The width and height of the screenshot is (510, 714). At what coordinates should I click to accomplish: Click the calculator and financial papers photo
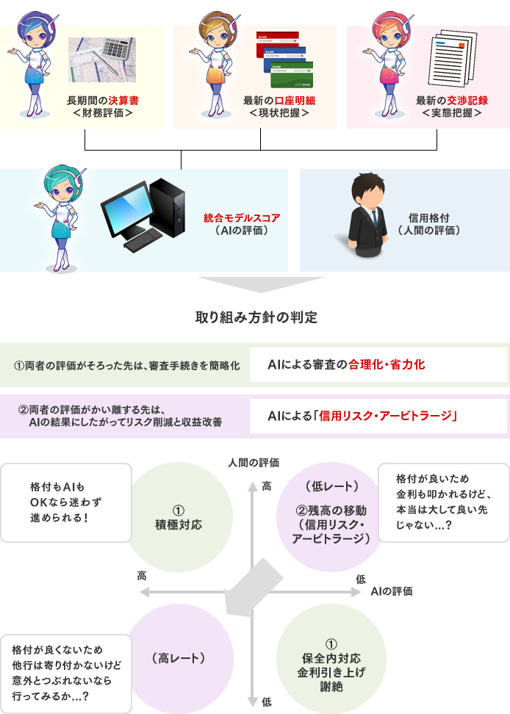click(x=102, y=59)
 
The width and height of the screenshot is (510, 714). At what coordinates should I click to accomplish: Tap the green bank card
click(x=292, y=75)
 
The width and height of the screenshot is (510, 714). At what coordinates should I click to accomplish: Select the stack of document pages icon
click(x=452, y=58)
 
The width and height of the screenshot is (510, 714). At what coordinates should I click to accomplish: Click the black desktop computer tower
click(x=167, y=208)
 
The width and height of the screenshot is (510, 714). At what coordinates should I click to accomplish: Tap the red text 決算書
click(x=123, y=101)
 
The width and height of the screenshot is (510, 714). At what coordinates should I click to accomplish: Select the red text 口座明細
click(x=295, y=101)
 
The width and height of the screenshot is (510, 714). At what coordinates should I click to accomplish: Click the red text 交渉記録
click(x=467, y=101)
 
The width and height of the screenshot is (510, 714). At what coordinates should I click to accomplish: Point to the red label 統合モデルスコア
click(x=242, y=218)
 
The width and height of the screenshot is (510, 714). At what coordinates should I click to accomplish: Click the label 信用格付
click(x=429, y=218)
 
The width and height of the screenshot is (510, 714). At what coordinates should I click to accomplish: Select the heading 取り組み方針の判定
click(x=256, y=317)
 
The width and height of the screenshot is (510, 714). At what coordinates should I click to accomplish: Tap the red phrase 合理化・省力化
click(x=387, y=364)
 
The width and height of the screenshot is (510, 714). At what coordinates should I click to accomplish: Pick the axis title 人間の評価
click(x=254, y=463)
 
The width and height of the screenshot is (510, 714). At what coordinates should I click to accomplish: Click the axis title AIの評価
click(x=392, y=591)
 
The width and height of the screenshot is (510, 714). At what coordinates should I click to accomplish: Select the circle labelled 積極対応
click(x=178, y=517)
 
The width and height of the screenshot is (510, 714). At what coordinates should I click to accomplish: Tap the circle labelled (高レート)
click(x=178, y=659)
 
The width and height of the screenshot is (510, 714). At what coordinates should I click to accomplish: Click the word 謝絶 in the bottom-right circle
click(x=331, y=686)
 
